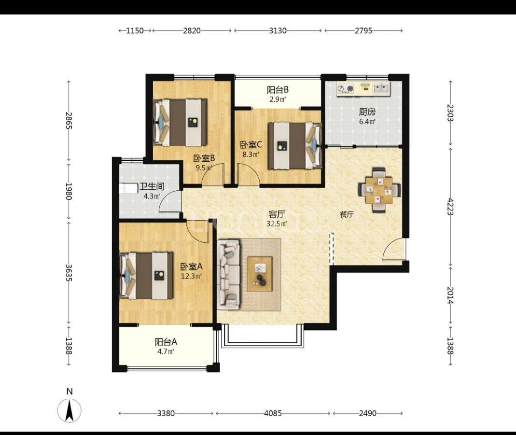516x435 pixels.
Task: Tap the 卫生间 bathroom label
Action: coord(152,187)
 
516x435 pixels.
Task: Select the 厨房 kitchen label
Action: coord(367,112)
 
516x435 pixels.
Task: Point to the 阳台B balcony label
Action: coord(278,89)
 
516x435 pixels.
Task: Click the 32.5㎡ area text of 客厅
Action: coord(277,224)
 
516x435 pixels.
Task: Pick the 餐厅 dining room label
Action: coord(347,214)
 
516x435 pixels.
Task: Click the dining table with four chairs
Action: coord(379,190)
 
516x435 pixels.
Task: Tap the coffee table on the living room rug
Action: coord(260,274)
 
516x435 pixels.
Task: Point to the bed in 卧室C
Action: coord(294,145)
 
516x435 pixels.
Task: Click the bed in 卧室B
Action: coord(180,123)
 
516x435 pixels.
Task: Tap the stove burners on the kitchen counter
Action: coord(346,88)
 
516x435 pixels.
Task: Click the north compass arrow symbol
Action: coord(70,410)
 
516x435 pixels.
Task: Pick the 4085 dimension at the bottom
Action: coord(273,413)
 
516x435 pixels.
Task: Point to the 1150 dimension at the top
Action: coord(135,30)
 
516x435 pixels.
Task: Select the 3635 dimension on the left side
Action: coord(69,273)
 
